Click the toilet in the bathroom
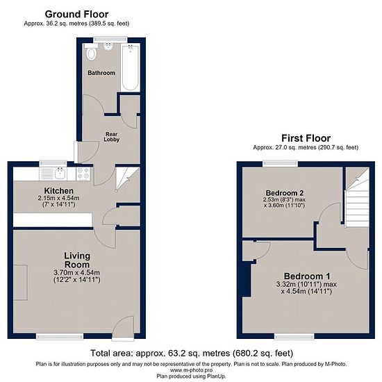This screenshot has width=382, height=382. point(91,52)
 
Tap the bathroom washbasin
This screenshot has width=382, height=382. point(108,47)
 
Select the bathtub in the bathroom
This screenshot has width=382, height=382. point(131,67)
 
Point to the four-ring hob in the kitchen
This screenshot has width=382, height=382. point(83,174)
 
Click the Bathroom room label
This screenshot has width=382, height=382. point(101,73)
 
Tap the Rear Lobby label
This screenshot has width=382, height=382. point(112,137)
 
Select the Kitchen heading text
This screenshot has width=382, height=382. point(59,191)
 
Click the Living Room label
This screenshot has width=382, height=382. point(77,260)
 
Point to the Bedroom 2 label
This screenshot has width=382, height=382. point(285,193)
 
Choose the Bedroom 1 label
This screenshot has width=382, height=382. point(307,276)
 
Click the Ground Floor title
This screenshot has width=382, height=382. point(76,15)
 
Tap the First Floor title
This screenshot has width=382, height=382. point(306,138)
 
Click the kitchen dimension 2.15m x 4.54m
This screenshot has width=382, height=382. point(59,198)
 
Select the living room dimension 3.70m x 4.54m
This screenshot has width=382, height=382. point(76,273)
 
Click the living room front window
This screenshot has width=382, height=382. point(60,336)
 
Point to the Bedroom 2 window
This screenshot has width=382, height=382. point(280,163)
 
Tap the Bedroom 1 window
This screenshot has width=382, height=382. point(294,336)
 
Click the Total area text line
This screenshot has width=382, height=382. point(192,353)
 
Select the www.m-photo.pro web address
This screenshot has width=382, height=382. point(191,370)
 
